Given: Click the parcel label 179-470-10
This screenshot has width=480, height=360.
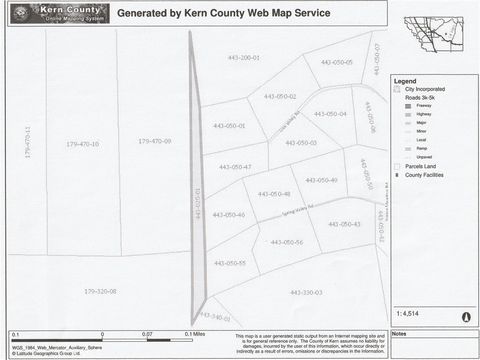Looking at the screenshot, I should (82, 144).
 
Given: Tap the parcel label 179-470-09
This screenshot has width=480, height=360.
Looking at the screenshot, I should (154, 141).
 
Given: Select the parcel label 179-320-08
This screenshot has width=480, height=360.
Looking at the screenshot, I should (100, 291).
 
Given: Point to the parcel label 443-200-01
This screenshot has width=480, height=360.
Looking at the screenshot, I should (243, 58).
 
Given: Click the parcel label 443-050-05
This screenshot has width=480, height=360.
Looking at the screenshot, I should (336, 62).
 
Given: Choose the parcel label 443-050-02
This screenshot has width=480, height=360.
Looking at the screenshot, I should (280, 96).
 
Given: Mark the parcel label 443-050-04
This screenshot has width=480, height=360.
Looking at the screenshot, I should (330, 113).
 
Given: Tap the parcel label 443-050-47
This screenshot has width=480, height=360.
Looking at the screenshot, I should (235, 167).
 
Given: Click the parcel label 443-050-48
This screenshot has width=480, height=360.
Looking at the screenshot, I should (273, 194).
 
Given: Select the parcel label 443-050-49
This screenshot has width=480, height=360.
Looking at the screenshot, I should (321, 180).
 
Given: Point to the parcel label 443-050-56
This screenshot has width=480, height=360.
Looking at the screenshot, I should (286, 242).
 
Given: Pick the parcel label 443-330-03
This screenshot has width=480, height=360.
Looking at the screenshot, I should (306, 292).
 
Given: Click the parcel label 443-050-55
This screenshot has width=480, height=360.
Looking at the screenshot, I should (229, 263).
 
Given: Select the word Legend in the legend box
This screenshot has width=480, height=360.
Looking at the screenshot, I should (404, 81).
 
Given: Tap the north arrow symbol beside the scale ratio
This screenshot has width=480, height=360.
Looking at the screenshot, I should (465, 316).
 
